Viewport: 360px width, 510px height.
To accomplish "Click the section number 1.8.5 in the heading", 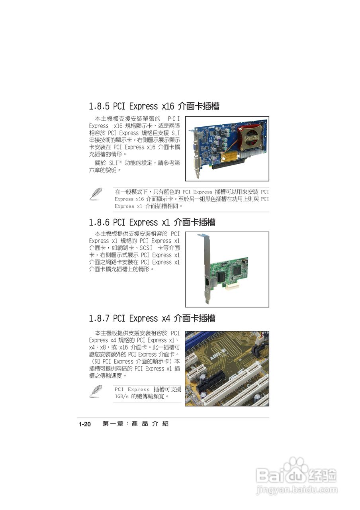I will (x=100, y=106).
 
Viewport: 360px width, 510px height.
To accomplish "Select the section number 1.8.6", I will (x=100, y=222).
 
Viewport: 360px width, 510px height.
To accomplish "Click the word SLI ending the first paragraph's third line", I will (x=176, y=133).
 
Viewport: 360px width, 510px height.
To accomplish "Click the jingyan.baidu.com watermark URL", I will (x=297, y=489).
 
